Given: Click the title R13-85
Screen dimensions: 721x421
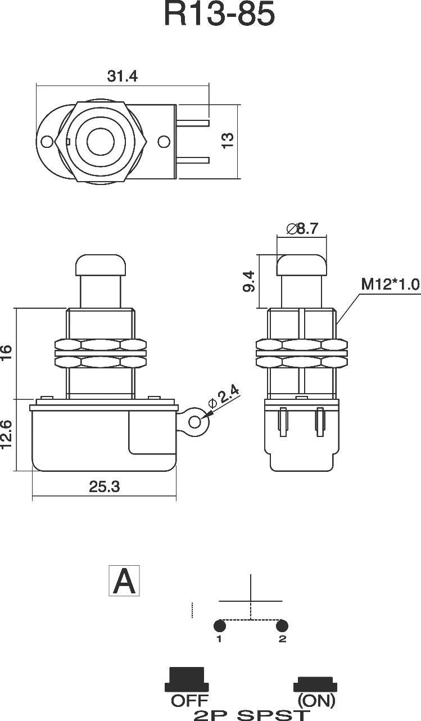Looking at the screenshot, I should tap(219, 15).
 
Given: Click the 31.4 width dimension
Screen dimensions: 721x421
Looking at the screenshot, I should tap(123, 76).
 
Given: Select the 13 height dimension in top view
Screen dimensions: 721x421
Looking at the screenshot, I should tap(228, 141).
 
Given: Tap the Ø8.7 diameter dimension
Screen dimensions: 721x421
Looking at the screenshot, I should tap(302, 228).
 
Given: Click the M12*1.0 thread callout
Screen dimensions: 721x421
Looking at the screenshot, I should tap(390, 284).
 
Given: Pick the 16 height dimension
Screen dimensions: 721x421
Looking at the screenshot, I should tap(6, 352).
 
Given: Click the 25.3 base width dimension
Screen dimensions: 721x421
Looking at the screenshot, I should tap(104, 486).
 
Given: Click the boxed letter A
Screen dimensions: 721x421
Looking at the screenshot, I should tap(124, 582).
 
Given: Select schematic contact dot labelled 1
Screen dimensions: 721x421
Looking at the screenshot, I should tap(220, 626).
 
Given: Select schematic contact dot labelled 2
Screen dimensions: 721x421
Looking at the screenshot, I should tap(282, 626).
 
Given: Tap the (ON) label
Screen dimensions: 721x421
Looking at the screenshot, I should tap(316, 701).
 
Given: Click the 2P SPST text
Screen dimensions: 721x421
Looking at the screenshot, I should tap(251, 714).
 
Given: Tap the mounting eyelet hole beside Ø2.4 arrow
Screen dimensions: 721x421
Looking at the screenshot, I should tap(196, 422).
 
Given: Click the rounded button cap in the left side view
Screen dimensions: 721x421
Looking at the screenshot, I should tap(100, 264).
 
